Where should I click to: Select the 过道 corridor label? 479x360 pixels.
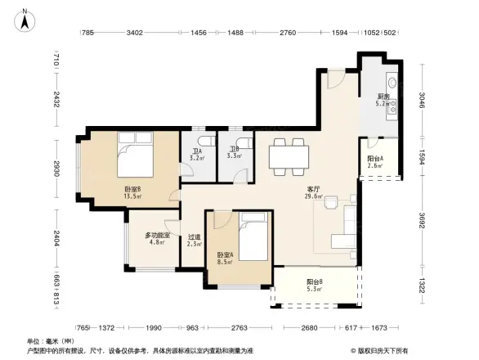point(194,240)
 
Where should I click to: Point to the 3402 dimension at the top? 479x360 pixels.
point(135,33)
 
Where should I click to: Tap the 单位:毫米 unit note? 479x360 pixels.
point(49,340)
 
